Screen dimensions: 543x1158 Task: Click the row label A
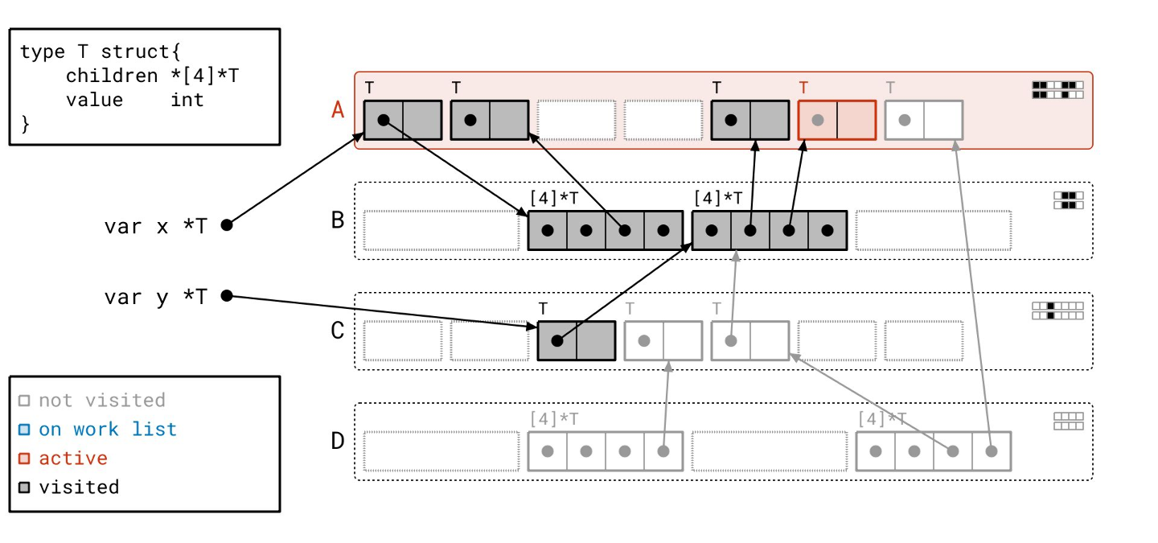click(339, 109)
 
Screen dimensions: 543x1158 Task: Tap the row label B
click(339, 220)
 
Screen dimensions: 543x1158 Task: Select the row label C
click(339, 331)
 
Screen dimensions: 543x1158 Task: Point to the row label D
click(339, 441)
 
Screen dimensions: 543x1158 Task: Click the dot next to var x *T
click(227, 225)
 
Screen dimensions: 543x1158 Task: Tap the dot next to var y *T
click(227, 296)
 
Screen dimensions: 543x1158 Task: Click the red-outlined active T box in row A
click(837, 120)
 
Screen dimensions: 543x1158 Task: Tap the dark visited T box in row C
click(576, 340)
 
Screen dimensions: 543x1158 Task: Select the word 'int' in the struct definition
click(187, 100)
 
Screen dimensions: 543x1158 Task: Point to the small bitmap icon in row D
click(1068, 422)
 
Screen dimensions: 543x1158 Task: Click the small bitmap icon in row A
click(1057, 89)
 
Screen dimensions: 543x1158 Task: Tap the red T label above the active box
click(803, 88)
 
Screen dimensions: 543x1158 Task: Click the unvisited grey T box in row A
click(923, 120)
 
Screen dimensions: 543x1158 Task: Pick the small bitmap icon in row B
click(1068, 200)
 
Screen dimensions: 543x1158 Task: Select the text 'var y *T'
click(155, 297)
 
